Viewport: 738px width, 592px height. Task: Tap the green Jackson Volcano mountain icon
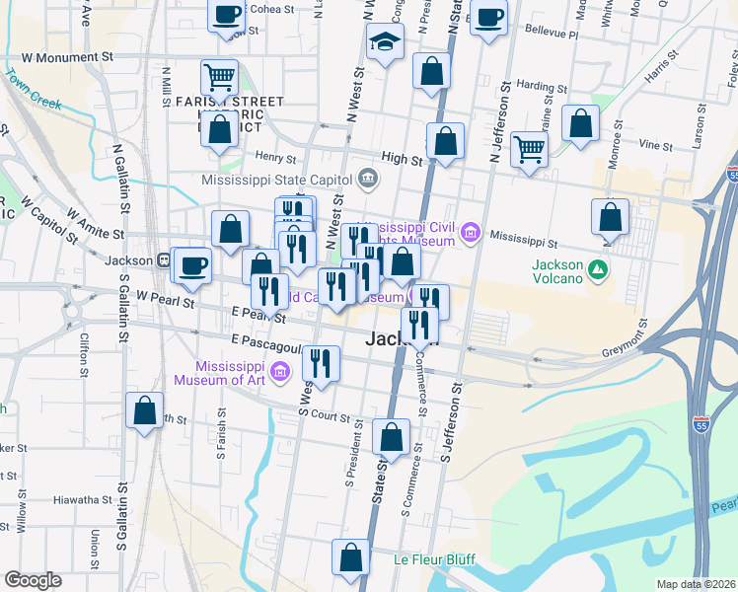(x=597, y=268)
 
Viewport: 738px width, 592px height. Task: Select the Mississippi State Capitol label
(x=277, y=180)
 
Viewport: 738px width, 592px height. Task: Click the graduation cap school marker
(x=385, y=42)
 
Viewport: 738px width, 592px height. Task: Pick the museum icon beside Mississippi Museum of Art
(x=280, y=371)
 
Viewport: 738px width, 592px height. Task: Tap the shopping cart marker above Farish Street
(x=219, y=76)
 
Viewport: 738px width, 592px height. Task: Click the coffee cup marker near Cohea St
(x=227, y=15)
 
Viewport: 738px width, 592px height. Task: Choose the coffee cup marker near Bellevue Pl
(x=488, y=17)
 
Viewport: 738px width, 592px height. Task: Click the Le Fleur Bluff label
(x=434, y=559)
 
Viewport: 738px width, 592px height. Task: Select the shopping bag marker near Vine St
(x=581, y=124)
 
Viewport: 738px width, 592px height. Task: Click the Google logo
(x=33, y=580)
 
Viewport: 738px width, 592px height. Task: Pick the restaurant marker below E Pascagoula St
(x=321, y=363)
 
